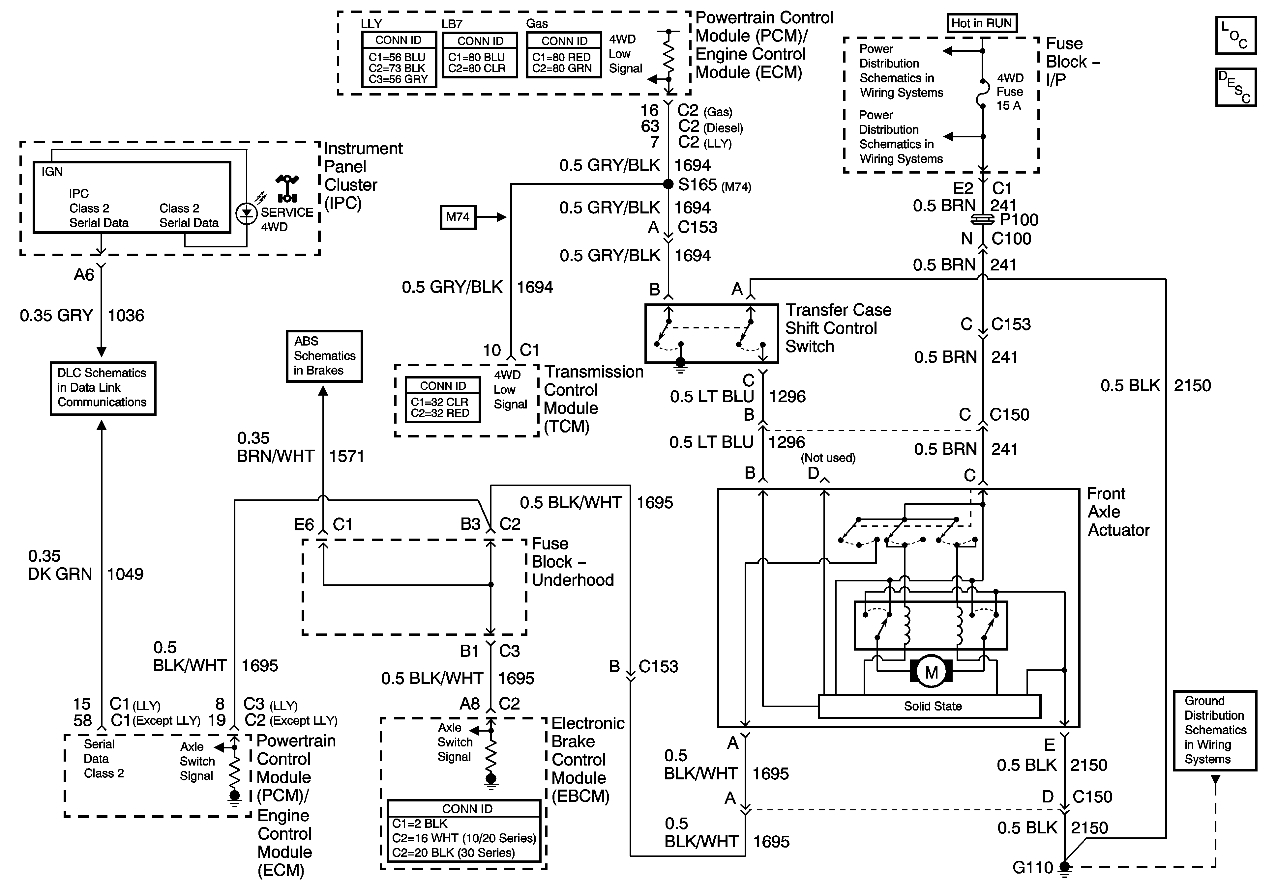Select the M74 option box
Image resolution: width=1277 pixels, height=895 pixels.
pos(458,217)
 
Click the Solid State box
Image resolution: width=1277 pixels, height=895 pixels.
pos(929,706)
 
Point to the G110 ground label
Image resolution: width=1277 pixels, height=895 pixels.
pos(1033,867)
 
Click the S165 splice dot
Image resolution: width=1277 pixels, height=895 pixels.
pos(668,184)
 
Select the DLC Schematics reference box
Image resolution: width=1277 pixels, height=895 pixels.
pos(103,388)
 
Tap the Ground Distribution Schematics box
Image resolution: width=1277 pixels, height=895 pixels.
pos(1215,730)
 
